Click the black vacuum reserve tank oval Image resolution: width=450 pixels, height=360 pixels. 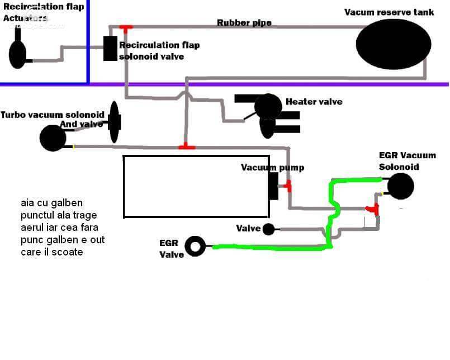coord(394,44)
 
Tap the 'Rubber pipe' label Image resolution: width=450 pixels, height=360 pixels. coord(244,23)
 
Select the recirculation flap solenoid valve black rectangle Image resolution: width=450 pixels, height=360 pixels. coord(111,48)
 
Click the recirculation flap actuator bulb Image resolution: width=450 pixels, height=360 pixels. coord(17,55)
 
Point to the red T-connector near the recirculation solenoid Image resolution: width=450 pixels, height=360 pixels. coord(126,28)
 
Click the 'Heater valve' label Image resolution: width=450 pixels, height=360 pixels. coord(314,102)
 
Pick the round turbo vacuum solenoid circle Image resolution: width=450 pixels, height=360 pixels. coord(53,138)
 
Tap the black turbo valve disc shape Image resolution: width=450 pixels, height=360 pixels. coord(115,122)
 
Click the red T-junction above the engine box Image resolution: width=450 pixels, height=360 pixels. coord(187,146)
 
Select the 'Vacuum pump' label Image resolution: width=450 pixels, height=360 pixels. coord(272,167)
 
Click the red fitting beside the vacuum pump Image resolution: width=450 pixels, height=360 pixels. coord(288,186)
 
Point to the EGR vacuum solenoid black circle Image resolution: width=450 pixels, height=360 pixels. coord(400,186)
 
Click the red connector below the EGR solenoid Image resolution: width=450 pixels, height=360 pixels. coord(373,209)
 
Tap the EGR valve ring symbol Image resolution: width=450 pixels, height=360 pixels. coord(195,247)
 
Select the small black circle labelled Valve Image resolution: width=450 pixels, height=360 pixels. coord(269,229)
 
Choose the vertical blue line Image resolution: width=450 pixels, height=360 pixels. coord(88,41)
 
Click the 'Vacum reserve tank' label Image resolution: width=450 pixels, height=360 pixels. coord(389,12)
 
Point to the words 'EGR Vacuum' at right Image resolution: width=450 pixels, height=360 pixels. coord(408,155)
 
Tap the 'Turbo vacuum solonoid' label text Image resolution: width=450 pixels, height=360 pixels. coord(52,115)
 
